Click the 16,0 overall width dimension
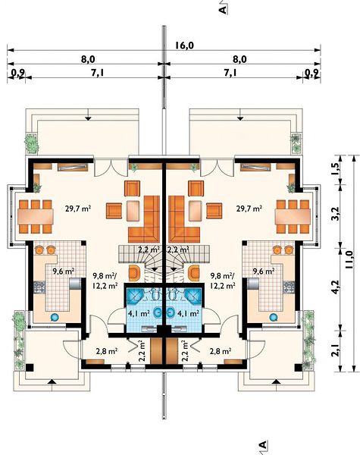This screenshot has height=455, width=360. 184,45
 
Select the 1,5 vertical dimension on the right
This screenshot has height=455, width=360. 335,169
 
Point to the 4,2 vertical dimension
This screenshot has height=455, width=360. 335,287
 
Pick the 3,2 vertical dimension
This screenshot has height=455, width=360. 335,214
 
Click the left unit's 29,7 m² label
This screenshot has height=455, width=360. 78,209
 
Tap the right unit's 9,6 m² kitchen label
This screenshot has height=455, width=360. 264,271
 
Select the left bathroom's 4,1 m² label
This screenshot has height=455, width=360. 139,313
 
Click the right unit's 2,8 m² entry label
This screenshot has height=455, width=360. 221,351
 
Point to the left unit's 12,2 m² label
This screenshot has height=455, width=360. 105,286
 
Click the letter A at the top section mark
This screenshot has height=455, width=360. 223,10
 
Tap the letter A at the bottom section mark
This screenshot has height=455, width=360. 262,445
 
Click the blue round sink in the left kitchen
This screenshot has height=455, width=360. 55,318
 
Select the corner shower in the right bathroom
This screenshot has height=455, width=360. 193,296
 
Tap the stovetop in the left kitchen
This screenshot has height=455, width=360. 39,287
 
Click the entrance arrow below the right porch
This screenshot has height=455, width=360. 277,381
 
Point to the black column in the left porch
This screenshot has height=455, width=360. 30,367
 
